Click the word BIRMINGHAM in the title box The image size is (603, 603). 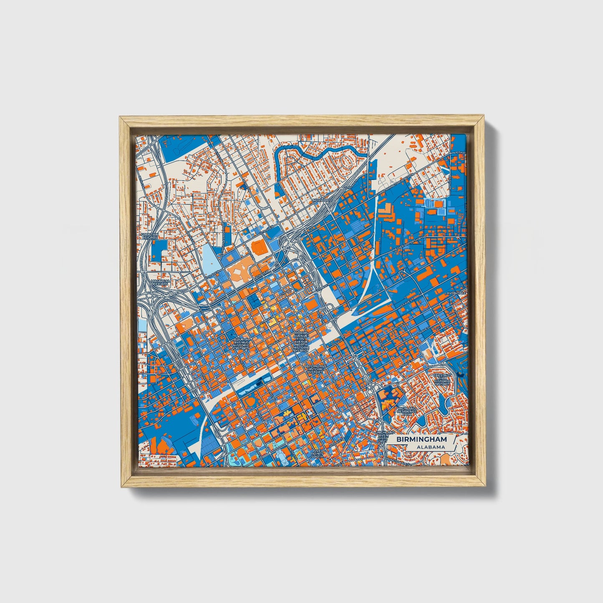pyautogui.click(x=421, y=439)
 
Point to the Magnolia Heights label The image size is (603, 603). pyautogui.click(x=160, y=283)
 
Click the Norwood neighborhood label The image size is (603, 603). pyautogui.click(x=323, y=200)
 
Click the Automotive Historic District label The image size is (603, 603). pyautogui.click(x=315, y=369)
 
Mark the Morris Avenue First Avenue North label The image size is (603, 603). pyautogui.click(x=301, y=341)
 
